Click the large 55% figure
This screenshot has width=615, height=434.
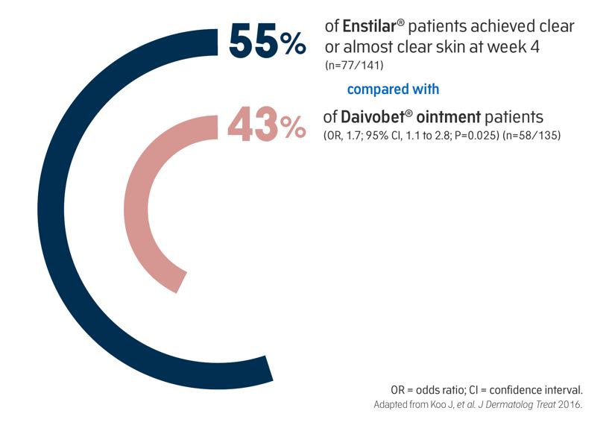267,41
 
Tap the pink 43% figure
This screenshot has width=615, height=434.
266,125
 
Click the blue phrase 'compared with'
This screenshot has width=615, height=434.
393,89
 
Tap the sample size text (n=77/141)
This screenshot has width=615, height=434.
354,65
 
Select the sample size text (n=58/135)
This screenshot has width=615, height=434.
532,136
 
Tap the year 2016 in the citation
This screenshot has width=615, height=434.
570,404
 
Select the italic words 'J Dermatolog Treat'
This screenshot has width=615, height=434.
520,404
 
